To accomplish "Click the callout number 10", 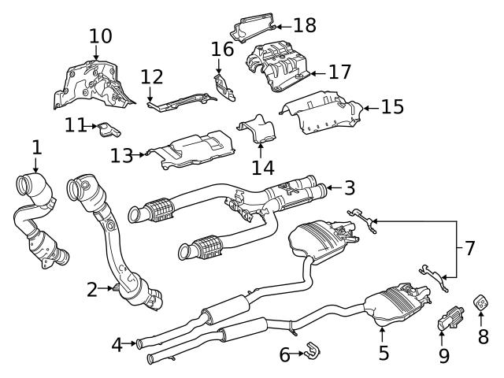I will coord(100,35).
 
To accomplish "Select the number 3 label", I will coord(349,187).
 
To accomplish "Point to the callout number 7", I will coord(469,249).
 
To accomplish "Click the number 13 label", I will coord(121,156).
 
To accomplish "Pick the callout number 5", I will coord(384,353).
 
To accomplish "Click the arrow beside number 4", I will coord(131,343).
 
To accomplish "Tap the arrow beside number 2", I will coord(111,289).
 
